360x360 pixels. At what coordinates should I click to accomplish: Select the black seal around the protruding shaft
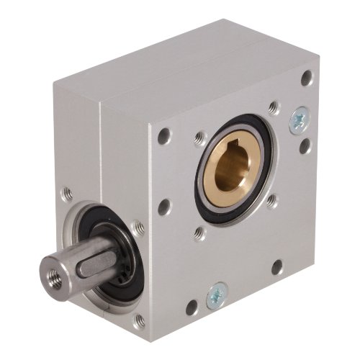pos(115,277)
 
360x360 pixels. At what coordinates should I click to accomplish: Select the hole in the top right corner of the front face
pos(307,77)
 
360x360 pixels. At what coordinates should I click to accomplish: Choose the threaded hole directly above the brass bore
pos(274,108)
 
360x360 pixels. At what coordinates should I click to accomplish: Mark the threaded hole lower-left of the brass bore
pos(199,232)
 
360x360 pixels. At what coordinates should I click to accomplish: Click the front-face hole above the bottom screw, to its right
pos(276,268)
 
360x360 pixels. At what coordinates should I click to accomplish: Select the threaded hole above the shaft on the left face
pos(66,194)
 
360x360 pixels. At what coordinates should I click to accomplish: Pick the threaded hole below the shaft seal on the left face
pos(140,319)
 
